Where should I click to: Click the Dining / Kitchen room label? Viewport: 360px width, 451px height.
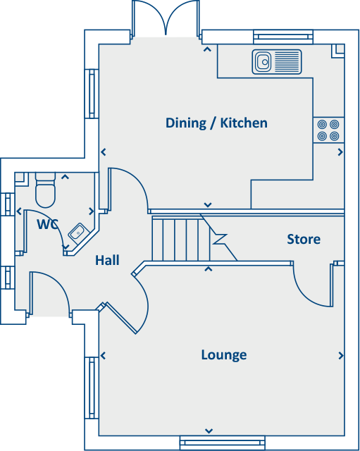point(216,123)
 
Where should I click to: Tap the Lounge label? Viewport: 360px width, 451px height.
point(223,354)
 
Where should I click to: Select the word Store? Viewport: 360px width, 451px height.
point(304,240)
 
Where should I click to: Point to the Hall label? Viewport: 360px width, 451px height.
point(107,261)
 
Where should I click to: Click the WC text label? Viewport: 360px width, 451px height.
point(47,225)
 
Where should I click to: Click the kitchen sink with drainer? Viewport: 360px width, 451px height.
point(276,61)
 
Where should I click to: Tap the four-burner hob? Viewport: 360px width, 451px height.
point(328,130)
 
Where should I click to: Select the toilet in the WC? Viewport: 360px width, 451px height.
point(45,188)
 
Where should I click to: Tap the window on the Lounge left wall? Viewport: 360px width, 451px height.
point(91,388)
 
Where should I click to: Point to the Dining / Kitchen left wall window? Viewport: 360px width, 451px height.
point(92,94)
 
